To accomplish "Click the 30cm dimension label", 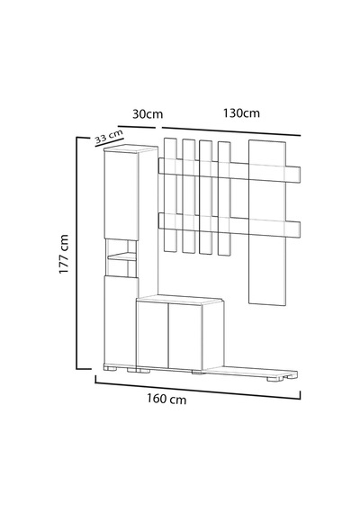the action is (148, 114).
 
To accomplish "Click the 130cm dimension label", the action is (241, 113).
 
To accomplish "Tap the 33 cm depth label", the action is (109, 136).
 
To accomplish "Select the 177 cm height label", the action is (64, 254).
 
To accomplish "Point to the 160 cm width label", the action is (166, 400).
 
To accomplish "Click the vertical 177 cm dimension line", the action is (77, 253).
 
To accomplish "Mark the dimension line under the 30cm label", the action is (137, 127).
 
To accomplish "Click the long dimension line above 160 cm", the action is (198, 387).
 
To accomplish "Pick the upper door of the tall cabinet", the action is (121, 195).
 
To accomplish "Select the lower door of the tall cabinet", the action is (120, 320).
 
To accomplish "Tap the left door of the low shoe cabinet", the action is (152, 335).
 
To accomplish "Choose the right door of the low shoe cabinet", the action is (185, 337).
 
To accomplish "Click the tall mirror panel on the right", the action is (267, 223).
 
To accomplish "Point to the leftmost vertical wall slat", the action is (170, 195).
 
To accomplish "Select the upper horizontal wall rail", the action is (229, 170).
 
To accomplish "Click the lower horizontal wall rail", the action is (229, 225).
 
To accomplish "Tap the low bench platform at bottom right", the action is (251, 373).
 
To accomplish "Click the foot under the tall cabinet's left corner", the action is (111, 368).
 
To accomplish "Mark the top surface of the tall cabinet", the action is (130, 148).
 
